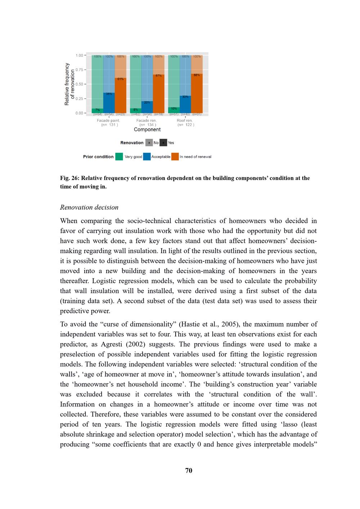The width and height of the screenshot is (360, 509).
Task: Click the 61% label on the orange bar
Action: (x=120, y=79)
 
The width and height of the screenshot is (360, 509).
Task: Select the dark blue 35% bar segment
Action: (x=109, y=103)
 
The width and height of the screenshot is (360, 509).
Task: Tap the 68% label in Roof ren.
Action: (x=197, y=75)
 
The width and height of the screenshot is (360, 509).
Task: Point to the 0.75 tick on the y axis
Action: (x=79, y=70)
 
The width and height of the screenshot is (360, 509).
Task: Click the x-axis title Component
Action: (x=147, y=129)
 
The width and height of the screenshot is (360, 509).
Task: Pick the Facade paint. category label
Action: (x=108, y=121)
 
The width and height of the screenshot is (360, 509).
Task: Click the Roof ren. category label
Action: (x=185, y=121)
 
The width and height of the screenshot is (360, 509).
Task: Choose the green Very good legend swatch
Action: (x=119, y=157)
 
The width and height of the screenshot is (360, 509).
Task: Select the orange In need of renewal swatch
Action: (x=175, y=157)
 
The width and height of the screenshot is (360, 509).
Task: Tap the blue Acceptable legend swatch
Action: (x=147, y=157)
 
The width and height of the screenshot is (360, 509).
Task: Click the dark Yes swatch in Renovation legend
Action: (x=163, y=143)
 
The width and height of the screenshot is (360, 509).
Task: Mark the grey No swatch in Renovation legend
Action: (x=149, y=143)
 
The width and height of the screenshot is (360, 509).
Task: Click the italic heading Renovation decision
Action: (x=89, y=207)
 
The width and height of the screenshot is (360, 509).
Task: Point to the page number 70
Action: (x=189, y=471)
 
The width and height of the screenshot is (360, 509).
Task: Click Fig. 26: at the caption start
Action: (x=69, y=178)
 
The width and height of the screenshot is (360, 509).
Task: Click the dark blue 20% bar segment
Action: (x=147, y=107)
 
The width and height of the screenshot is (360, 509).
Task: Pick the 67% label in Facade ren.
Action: (x=158, y=76)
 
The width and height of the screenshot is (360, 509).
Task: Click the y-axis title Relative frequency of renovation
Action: (x=69, y=84)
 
